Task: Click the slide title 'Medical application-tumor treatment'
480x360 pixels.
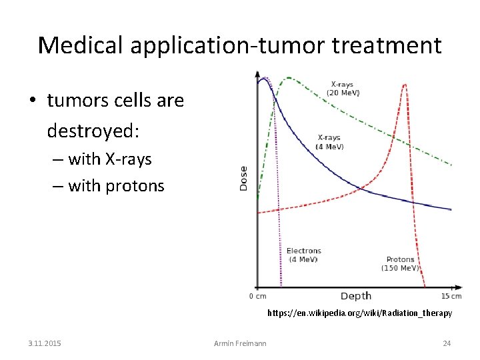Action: (240, 45)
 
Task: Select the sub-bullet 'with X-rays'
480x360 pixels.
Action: (110, 159)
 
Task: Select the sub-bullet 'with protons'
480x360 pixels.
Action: (116, 185)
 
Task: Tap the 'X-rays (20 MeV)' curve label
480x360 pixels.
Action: (345, 89)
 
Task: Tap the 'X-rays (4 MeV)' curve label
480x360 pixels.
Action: (330, 142)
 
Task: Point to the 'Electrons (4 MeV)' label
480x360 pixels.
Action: (303, 255)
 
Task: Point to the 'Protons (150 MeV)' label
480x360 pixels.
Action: (400, 263)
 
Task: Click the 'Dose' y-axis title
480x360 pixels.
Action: (243, 178)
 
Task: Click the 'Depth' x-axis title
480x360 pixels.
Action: (355, 296)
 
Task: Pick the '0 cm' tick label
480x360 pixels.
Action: (257, 296)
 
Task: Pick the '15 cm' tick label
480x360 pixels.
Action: (451, 296)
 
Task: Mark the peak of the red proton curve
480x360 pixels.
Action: (404, 85)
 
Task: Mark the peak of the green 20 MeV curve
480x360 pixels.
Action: (289, 78)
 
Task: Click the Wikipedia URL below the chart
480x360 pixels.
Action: (359, 313)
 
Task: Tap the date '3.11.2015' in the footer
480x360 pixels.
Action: (45, 343)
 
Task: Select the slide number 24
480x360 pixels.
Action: (447, 343)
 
